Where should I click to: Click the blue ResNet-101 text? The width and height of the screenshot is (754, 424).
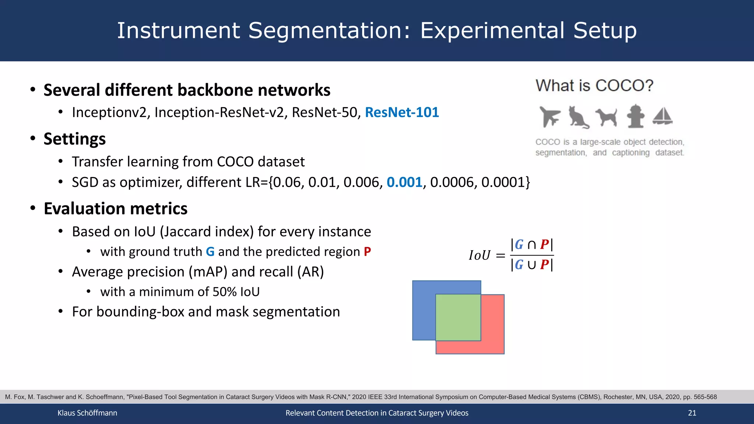(x=402, y=112)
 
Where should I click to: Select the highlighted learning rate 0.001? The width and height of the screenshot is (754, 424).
(x=404, y=182)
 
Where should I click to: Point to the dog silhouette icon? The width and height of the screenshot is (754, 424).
(x=606, y=117)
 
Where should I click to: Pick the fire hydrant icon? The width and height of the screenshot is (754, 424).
(x=635, y=116)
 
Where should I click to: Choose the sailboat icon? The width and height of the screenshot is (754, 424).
(x=663, y=116)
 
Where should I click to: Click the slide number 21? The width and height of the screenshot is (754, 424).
(x=692, y=413)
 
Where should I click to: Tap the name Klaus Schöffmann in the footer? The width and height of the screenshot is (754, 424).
(x=87, y=413)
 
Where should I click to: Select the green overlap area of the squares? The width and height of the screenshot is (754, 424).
(x=458, y=317)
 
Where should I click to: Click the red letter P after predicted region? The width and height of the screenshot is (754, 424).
(x=367, y=252)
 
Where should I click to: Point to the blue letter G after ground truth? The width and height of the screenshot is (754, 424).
(x=210, y=252)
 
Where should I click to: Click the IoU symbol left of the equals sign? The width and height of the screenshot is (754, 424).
(x=479, y=255)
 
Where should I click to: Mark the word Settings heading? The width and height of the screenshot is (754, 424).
(x=74, y=139)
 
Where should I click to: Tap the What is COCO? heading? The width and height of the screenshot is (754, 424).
(x=594, y=85)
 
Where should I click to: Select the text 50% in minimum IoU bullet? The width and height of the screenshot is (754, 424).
(x=224, y=292)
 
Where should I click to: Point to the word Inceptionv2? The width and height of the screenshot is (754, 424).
(x=109, y=112)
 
